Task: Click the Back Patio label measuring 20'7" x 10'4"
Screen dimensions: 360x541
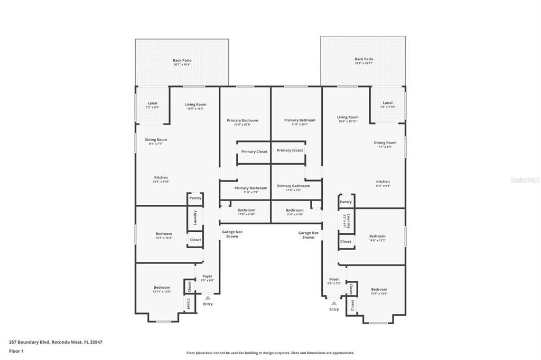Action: coord(182,62)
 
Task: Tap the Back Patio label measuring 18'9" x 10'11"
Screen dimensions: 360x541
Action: coord(363,61)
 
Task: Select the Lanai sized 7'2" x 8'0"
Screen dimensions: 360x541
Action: coord(152,105)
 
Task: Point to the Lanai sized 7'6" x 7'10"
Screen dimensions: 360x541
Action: coord(387,105)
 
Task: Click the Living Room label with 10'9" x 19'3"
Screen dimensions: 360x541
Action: coord(194,106)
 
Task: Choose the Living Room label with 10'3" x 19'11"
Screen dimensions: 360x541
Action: coord(348,119)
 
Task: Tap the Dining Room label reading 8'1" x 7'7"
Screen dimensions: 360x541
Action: coord(155,141)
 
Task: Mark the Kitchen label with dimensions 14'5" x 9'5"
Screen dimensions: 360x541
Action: coord(383,183)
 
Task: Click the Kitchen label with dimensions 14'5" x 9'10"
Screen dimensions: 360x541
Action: coord(161,179)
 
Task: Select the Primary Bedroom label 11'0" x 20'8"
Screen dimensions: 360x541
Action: coord(242,122)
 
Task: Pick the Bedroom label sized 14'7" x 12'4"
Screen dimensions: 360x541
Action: coord(163,235)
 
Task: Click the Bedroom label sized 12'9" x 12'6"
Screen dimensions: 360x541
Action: coord(379,291)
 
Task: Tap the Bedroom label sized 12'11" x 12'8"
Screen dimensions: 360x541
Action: coord(162,289)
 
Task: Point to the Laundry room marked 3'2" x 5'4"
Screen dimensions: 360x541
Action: coord(346,220)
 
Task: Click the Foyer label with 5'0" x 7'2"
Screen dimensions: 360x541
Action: coord(334,281)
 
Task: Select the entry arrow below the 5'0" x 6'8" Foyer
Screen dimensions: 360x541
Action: coord(208,298)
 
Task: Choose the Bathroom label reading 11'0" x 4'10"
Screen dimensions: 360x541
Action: coord(246,212)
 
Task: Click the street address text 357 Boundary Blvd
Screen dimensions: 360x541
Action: coord(55,342)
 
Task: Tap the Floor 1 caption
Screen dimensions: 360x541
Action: coord(17,350)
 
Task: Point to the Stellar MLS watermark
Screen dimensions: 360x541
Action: coord(525,180)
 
